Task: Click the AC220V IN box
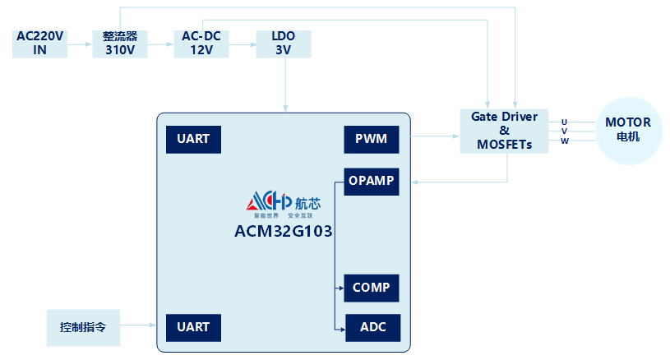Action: [39, 43]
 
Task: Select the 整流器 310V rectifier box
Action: [120, 43]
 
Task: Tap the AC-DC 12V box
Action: [201, 43]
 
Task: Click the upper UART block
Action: [193, 140]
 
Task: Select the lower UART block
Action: [193, 327]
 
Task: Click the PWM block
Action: [371, 140]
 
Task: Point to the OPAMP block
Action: [371, 181]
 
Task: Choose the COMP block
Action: [371, 288]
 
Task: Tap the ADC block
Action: [371, 328]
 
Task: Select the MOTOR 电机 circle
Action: [628, 131]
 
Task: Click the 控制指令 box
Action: [83, 327]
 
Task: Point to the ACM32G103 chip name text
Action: [284, 231]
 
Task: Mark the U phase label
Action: [564, 122]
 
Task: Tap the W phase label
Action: [564, 141]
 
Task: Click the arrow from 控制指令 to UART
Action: [138, 326]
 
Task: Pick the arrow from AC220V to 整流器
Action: [79, 44]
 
